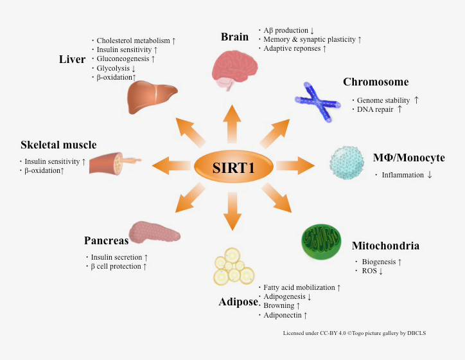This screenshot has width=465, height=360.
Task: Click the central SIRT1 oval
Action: point(234,168)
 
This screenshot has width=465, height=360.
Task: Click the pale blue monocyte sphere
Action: point(349,163)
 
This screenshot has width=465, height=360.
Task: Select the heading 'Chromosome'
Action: point(376,82)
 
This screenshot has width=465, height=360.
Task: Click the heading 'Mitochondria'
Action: point(385,246)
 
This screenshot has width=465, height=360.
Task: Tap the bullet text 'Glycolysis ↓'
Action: point(116,67)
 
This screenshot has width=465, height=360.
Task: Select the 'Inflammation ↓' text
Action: point(406,175)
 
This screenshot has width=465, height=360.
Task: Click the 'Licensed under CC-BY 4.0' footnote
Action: point(349,334)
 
